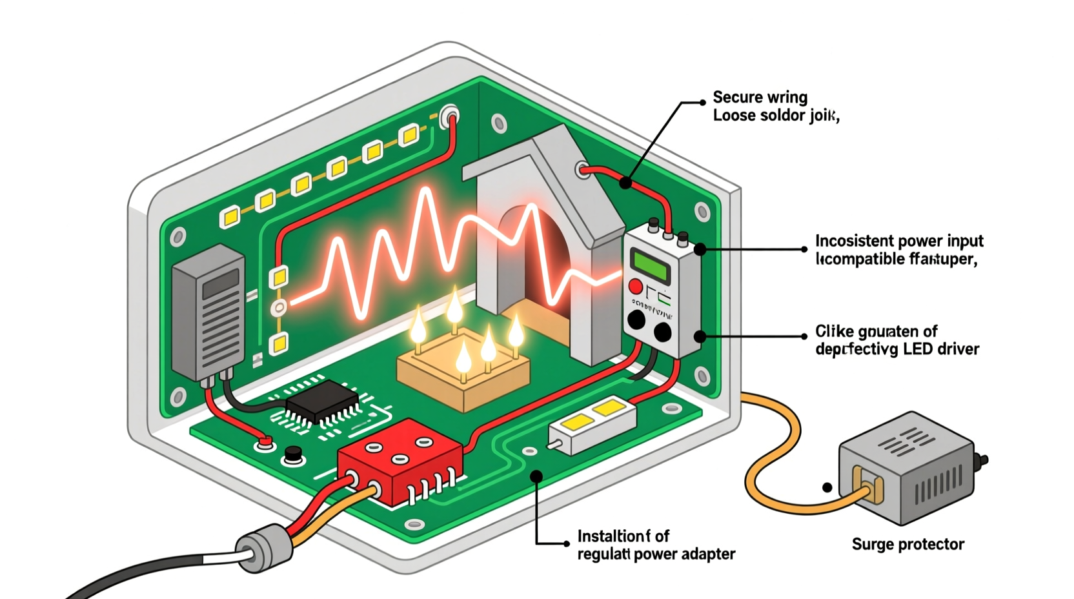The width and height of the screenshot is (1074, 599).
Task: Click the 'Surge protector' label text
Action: [907, 544]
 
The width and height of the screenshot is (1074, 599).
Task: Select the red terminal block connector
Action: [399, 460]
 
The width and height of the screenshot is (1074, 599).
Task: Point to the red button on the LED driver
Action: [635, 287]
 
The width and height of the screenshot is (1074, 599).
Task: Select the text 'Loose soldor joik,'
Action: [776, 116]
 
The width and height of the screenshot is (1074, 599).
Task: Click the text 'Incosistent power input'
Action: [899, 241]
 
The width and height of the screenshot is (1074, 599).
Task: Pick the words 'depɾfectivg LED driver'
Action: [897, 349]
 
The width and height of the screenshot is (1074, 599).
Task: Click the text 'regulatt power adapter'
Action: [656, 554]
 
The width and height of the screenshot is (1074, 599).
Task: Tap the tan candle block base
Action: [463, 381]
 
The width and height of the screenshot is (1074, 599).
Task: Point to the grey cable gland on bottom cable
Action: [264, 547]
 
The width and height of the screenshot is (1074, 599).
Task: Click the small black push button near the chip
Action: [294, 454]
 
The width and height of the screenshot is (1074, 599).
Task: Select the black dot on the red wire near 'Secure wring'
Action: [625, 183]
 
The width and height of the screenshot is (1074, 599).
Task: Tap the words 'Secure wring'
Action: [760, 97]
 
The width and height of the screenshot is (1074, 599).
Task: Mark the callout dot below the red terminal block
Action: [536, 476]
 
